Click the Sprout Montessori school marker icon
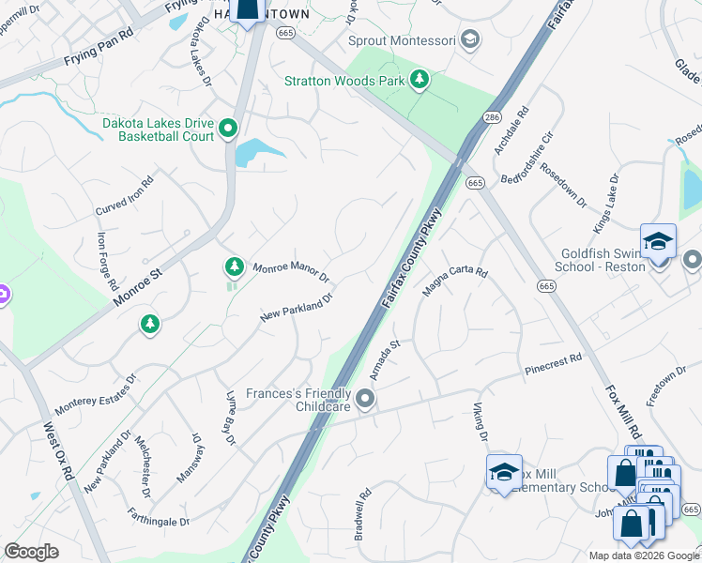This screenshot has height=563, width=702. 471,39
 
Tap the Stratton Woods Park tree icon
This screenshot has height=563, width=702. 420,80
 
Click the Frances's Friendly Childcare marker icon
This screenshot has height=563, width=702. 365,401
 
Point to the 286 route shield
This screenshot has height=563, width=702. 491,117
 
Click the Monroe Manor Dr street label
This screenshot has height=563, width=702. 292,272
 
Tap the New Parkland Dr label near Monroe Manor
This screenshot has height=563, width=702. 298,309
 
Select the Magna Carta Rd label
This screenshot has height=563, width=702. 455,282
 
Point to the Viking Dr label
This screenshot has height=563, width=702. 479,423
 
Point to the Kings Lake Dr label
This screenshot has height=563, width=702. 606,204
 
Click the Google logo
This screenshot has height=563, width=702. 32,552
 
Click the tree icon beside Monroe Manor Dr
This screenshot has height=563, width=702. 234,267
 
